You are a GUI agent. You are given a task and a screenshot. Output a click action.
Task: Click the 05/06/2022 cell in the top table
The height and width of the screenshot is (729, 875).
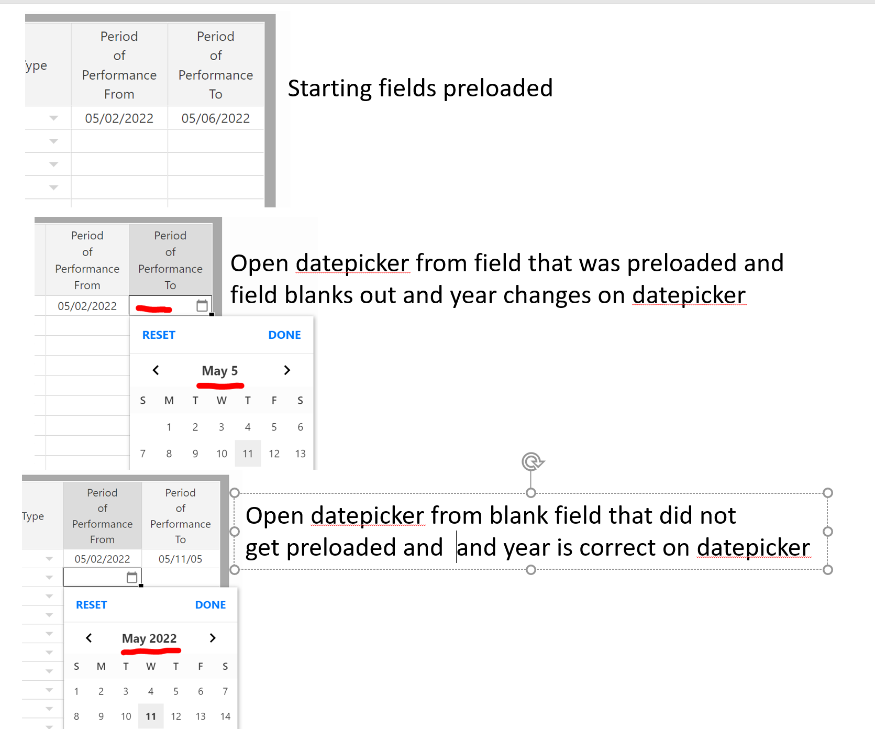pyautogui.click(x=215, y=118)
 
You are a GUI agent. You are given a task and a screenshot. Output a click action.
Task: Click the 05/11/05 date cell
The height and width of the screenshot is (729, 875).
pyautogui.click(x=180, y=559)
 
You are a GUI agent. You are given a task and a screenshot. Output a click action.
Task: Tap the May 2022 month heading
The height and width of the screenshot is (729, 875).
pyautogui.click(x=149, y=638)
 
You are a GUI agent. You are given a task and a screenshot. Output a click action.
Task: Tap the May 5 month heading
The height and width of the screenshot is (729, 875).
pyautogui.click(x=220, y=371)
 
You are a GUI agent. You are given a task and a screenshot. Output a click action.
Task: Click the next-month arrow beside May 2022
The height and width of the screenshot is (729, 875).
pyautogui.click(x=213, y=638)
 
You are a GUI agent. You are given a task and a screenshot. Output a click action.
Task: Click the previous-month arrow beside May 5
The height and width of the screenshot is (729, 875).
pyautogui.click(x=156, y=370)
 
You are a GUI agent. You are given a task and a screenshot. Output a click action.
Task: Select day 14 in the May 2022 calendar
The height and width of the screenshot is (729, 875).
pyautogui.click(x=225, y=716)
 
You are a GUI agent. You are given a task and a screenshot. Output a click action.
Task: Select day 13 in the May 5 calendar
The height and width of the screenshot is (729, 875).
pyautogui.click(x=300, y=454)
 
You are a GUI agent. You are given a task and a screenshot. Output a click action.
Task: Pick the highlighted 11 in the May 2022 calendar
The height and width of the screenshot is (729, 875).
pyautogui.click(x=151, y=716)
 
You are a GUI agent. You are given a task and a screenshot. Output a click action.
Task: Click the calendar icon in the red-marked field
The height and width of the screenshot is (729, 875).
pyautogui.click(x=202, y=306)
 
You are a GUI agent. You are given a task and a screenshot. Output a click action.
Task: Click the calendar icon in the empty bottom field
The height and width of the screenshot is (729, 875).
pyautogui.click(x=132, y=577)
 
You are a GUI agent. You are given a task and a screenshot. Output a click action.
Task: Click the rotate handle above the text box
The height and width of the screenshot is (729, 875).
pyautogui.click(x=531, y=461)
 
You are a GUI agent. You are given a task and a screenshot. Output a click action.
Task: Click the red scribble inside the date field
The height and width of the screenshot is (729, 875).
pyautogui.click(x=154, y=309)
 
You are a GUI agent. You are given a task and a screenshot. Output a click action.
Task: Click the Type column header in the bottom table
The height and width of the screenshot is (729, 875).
pyautogui.click(x=33, y=516)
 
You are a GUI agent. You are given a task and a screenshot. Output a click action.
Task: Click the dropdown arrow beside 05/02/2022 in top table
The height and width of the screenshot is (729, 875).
pyautogui.click(x=53, y=118)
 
